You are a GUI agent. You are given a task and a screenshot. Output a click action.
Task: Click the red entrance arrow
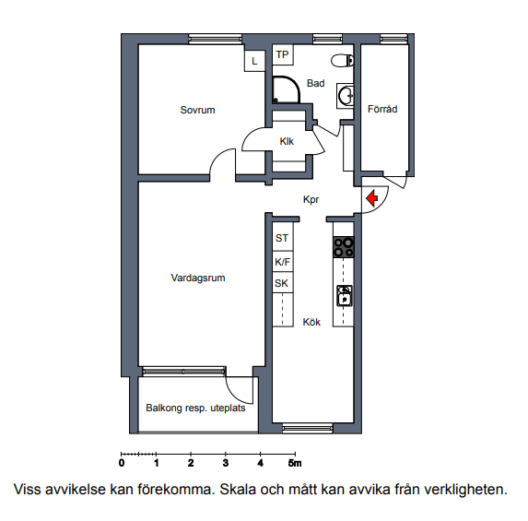[371, 198]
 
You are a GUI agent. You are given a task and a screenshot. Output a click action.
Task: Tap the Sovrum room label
[197, 110]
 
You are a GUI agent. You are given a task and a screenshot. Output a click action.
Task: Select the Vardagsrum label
[198, 278]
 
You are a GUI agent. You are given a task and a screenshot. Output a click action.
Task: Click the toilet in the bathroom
[343, 61]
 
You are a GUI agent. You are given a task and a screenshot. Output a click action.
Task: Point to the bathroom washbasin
[346, 96]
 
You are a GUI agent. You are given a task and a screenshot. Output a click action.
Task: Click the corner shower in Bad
[286, 89]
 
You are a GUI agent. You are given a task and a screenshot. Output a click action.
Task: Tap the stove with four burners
[344, 247]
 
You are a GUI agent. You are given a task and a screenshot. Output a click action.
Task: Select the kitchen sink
[345, 296]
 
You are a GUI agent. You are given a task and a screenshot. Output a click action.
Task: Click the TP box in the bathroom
[283, 54]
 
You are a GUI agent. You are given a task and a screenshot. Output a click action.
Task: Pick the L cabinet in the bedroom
[254, 61]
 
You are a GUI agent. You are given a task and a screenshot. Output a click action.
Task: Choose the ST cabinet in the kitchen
[282, 238]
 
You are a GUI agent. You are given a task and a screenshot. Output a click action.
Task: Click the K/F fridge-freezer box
[282, 262]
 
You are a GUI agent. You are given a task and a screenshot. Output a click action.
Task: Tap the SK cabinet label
[282, 283]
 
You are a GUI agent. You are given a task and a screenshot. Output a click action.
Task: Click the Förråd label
[382, 109]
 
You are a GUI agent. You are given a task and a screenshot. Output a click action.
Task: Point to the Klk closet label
[287, 141]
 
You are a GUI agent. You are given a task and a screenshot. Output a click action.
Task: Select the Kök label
[311, 322]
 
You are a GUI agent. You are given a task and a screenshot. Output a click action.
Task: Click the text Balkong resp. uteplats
[195, 409]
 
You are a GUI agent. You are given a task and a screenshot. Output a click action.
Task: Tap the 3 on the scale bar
[225, 463]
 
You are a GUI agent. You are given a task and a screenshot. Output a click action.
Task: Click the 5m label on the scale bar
[295, 463]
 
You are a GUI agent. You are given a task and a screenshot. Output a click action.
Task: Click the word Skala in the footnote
[238, 490]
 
